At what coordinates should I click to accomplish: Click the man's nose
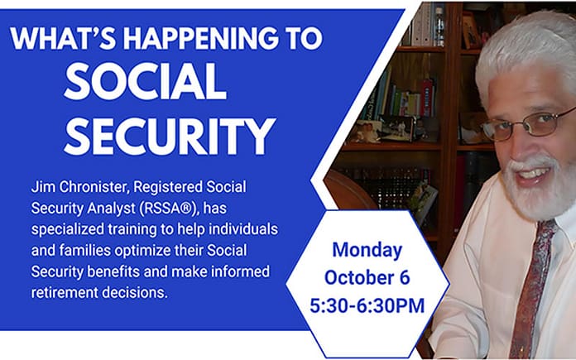(x=537, y=141)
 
